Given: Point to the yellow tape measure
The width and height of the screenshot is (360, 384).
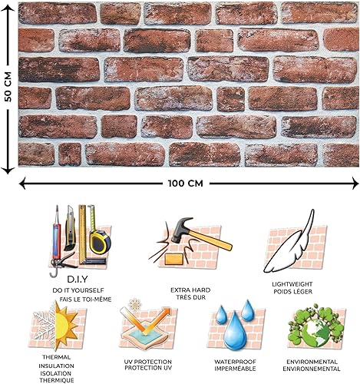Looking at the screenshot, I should [97, 241].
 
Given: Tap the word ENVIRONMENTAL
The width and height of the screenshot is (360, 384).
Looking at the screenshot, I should [312, 361].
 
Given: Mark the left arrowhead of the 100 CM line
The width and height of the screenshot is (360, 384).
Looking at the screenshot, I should [21, 183].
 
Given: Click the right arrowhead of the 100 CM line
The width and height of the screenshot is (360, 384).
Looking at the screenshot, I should [355, 183].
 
